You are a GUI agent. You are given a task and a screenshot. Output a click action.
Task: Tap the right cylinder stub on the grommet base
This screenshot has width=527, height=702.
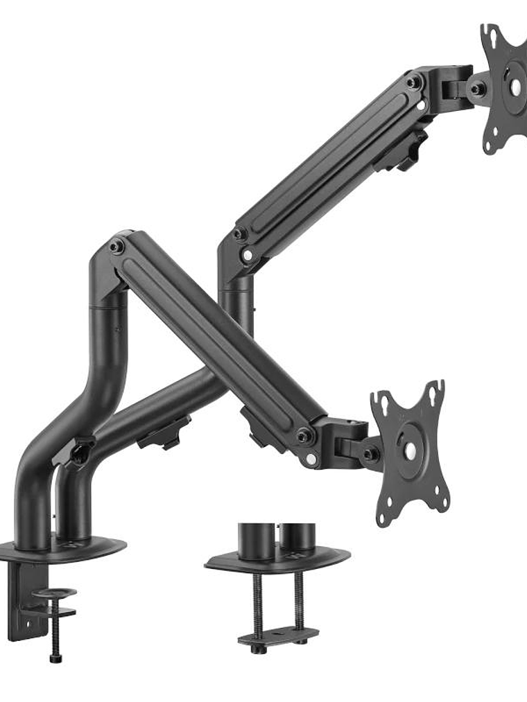tap(297, 536)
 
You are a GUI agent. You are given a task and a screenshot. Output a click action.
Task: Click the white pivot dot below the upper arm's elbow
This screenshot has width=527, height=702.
tap(248, 255)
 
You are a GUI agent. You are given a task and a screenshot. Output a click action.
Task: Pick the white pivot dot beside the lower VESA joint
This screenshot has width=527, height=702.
tap(311, 458)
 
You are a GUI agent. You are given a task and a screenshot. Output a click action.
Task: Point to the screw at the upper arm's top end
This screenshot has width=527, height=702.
tap(414, 82)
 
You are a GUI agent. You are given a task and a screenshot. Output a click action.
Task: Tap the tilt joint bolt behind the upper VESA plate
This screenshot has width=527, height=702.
tap(476, 89)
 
